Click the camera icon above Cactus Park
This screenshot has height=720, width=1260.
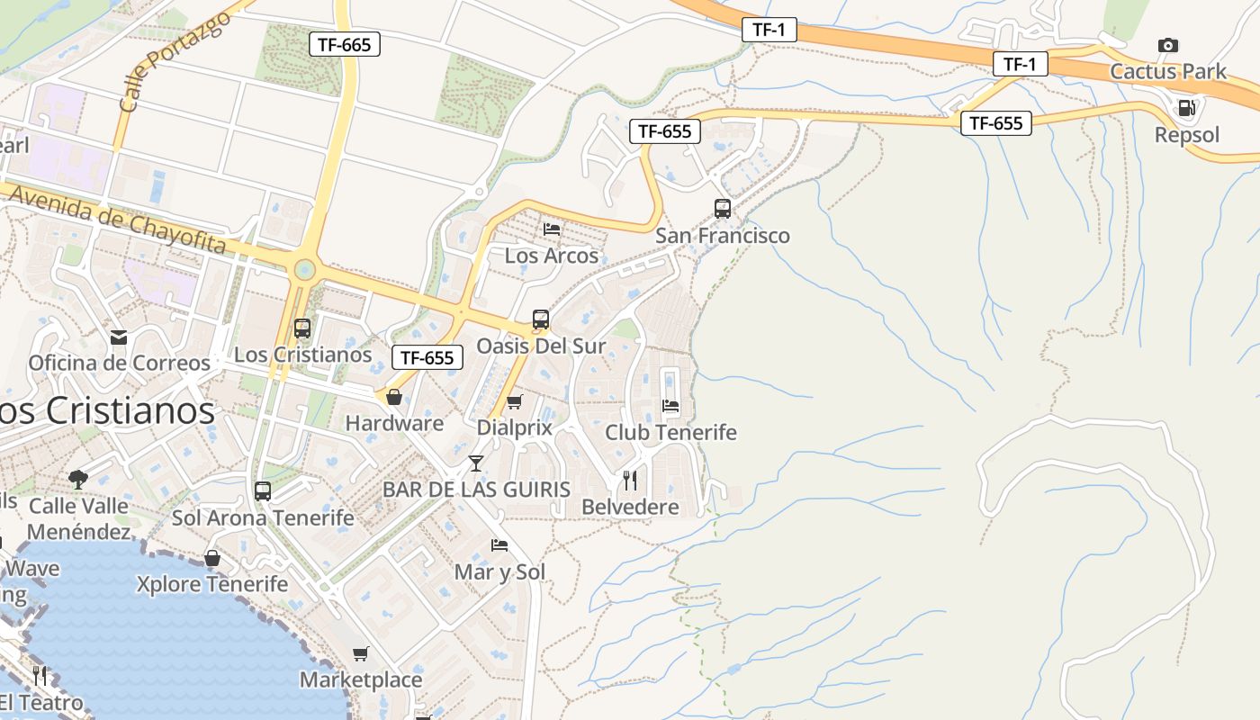[x=1168, y=45]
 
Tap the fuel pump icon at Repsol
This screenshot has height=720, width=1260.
[x=1186, y=109]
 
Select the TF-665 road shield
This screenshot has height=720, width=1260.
[x=344, y=44]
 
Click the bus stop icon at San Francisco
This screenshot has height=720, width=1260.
[x=723, y=209]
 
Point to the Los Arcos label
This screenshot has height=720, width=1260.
[x=551, y=256]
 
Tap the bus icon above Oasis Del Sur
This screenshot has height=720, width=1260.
[x=540, y=319]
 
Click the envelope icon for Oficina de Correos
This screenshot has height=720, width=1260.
[x=119, y=337]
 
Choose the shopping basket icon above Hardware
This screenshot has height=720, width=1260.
[x=394, y=397]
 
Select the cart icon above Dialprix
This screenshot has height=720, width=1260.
[x=514, y=401]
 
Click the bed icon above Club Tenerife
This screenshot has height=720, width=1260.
[x=670, y=406]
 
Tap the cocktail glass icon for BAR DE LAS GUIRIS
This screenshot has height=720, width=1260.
[x=476, y=463]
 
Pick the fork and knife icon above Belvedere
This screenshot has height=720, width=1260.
[x=630, y=481]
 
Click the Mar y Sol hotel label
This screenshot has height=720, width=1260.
[x=499, y=571]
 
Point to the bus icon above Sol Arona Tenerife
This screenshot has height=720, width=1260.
[x=263, y=491]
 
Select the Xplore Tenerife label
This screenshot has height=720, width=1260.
[x=212, y=584]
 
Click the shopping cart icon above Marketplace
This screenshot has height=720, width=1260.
[x=361, y=653]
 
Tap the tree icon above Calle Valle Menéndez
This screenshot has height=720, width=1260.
[x=78, y=479]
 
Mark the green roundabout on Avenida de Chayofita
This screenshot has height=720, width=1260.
[x=304, y=269]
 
